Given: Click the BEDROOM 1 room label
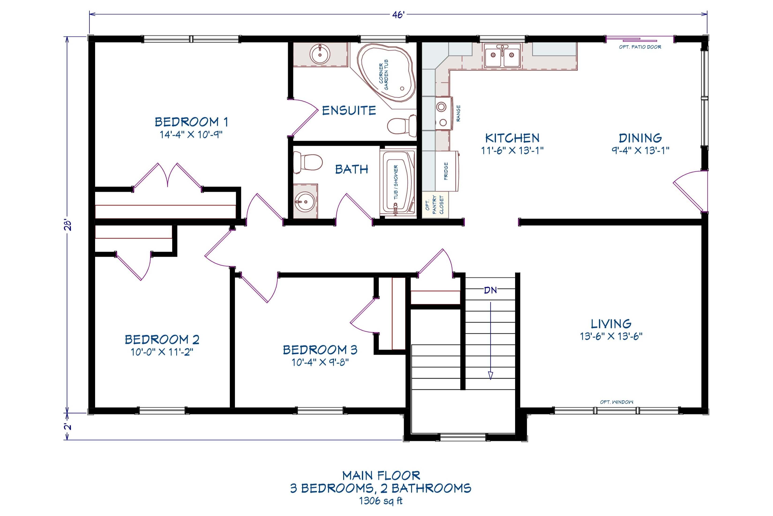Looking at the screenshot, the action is (x=191, y=122).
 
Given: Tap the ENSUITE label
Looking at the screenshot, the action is (x=349, y=110).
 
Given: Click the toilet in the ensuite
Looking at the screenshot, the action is (x=402, y=126).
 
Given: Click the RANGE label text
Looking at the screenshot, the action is (x=458, y=114).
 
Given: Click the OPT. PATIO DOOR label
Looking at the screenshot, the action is (x=640, y=47).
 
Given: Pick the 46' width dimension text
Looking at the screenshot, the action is (x=398, y=15).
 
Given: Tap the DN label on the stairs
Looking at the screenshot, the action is (x=490, y=290).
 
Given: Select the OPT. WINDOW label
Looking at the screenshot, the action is (x=617, y=402).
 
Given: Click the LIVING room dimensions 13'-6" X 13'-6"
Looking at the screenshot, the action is (x=611, y=336).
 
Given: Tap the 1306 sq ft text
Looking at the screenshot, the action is (x=381, y=501).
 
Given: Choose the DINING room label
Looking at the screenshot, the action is (x=640, y=138).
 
